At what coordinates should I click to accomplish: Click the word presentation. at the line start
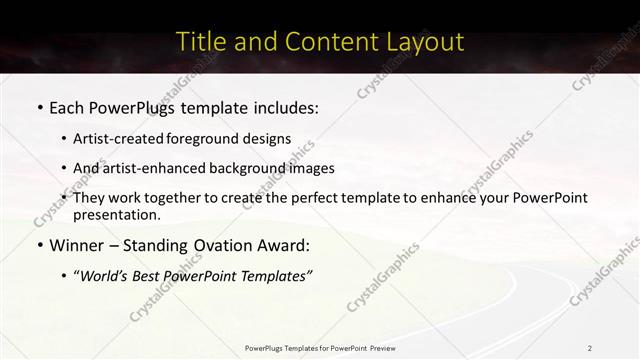[117, 214]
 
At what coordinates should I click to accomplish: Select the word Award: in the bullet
[283, 245]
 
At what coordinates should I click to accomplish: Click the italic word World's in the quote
[108, 275]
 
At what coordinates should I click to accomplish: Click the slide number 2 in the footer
[591, 348]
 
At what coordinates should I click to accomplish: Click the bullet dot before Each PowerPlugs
[39, 105]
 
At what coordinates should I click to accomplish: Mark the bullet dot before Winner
[39, 246]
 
